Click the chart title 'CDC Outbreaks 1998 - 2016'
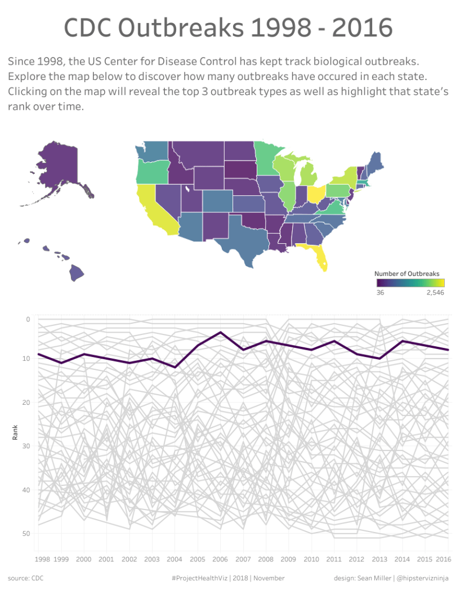(x=228, y=28)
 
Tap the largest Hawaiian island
(x=77, y=273)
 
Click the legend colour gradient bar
(x=410, y=283)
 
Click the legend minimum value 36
(x=380, y=293)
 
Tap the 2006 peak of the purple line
(x=221, y=332)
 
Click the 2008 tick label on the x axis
(x=265, y=559)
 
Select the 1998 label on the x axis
(x=42, y=559)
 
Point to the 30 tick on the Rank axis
(x=26, y=446)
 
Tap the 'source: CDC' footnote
(x=25, y=578)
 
